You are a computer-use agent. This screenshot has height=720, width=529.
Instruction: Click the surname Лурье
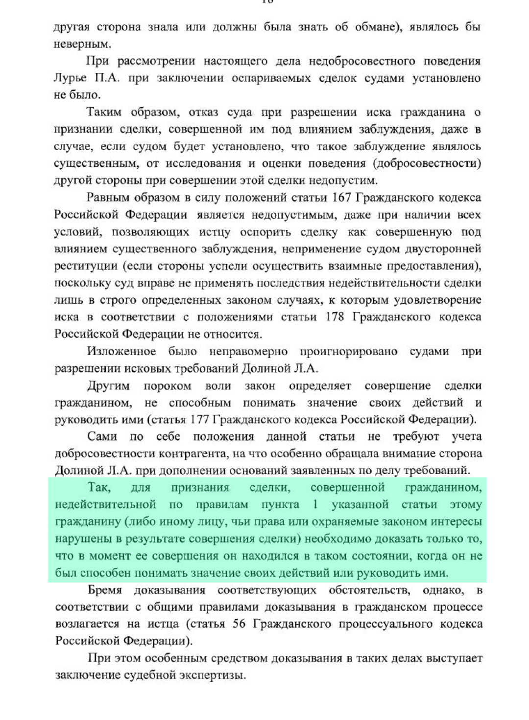(x=71, y=78)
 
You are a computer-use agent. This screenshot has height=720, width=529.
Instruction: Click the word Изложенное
(x=121, y=352)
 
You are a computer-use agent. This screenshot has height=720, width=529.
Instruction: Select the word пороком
(x=168, y=386)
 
